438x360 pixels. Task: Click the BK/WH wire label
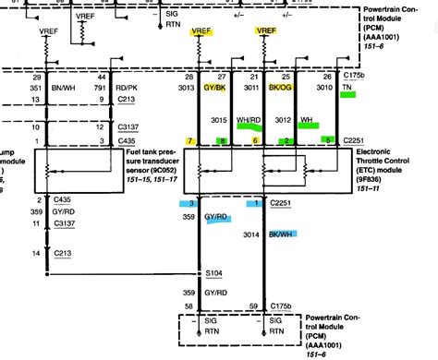click(x=284, y=235)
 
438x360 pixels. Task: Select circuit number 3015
click(x=218, y=120)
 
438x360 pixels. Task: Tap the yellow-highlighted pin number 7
click(x=189, y=140)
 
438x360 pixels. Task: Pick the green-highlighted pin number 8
click(x=222, y=140)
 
